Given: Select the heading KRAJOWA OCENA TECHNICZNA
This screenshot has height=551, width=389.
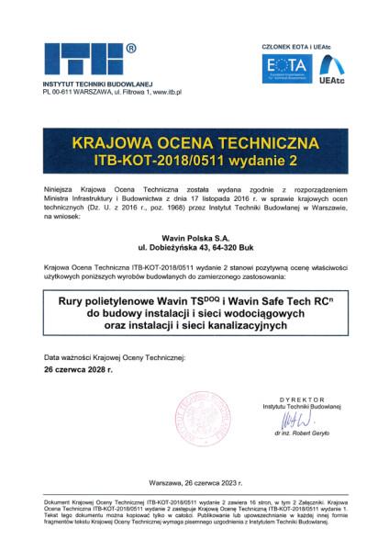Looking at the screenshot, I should [194, 144].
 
